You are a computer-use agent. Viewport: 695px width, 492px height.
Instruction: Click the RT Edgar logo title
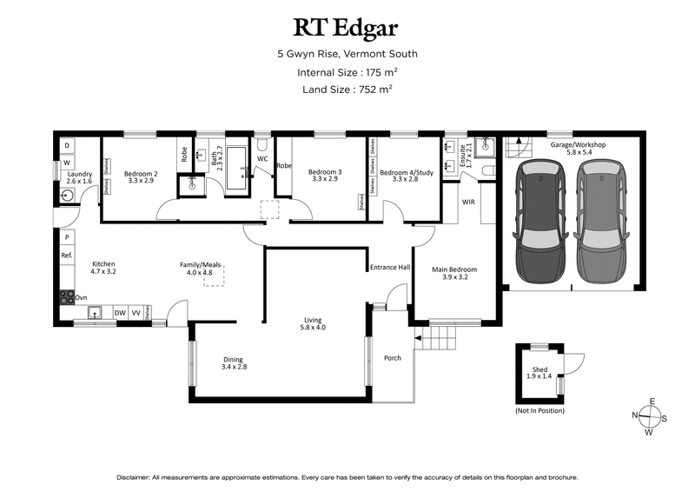coord(347,28)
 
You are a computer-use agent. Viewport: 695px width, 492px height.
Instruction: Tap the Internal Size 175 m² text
coord(347,72)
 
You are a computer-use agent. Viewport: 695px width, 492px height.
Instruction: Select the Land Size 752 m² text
coord(347,89)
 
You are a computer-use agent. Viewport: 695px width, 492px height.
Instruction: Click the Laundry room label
coord(81,177)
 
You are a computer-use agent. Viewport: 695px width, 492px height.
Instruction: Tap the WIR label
coord(468,202)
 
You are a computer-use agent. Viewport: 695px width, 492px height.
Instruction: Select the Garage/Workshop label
coord(577,149)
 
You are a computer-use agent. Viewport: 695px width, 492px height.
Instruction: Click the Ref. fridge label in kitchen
coord(66,256)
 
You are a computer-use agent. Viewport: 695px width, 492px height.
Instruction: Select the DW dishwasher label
coord(120,311)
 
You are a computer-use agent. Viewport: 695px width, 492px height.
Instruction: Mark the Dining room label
coord(233,363)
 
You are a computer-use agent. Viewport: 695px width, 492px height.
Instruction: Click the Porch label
coord(393,358)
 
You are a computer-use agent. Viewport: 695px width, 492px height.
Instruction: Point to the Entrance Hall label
coord(390,268)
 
